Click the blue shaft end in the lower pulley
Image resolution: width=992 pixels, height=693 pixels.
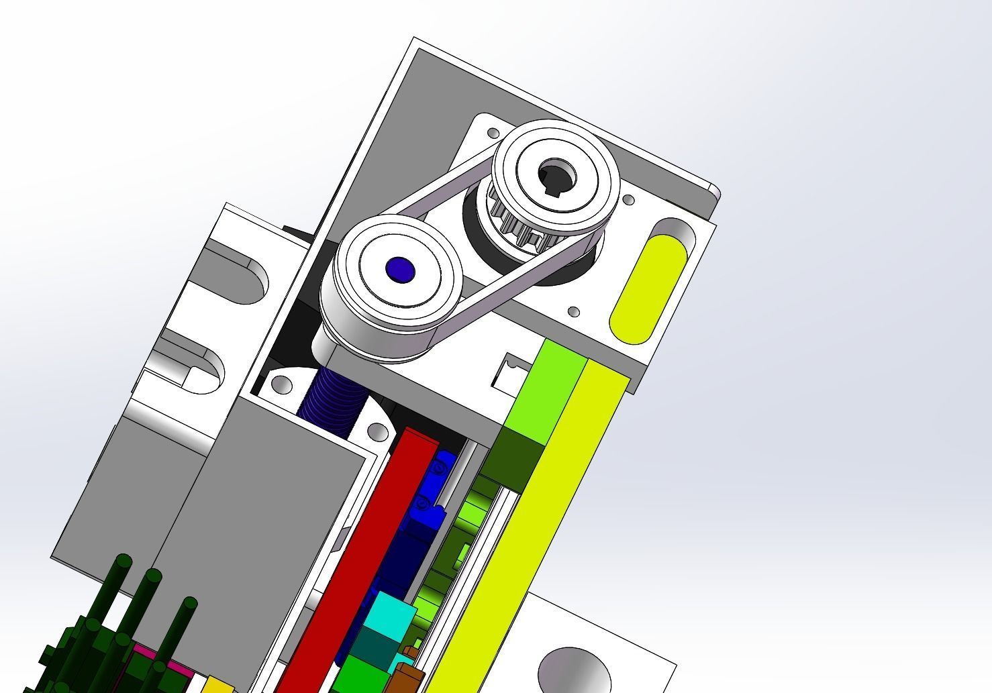pyautogui.click(x=400, y=270)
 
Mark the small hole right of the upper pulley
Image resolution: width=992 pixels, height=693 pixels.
pyautogui.click(x=629, y=200)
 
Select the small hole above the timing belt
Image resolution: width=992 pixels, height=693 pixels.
pyautogui.click(x=494, y=133)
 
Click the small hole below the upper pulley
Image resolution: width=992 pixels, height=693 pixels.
pyautogui.click(x=574, y=312)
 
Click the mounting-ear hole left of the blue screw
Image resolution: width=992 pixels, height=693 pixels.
pyautogui.click(x=283, y=385)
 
